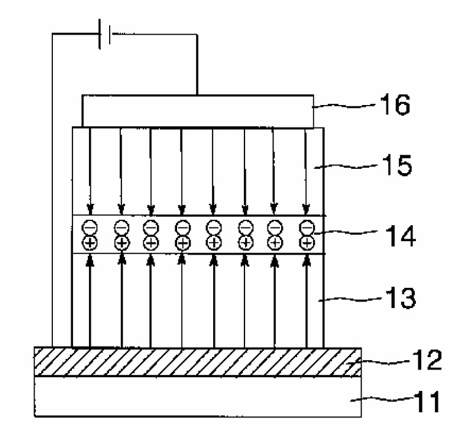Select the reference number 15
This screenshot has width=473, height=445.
pyautogui.click(x=395, y=166)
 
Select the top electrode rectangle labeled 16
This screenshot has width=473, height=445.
pyautogui.click(x=197, y=110)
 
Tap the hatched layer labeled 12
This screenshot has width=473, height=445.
pyautogui.click(x=197, y=361)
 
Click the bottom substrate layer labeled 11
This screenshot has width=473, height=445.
pyautogui.click(x=197, y=397)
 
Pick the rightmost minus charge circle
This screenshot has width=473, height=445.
pyautogui.click(x=306, y=226)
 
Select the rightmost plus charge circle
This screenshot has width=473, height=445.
pyautogui.click(x=306, y=242)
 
